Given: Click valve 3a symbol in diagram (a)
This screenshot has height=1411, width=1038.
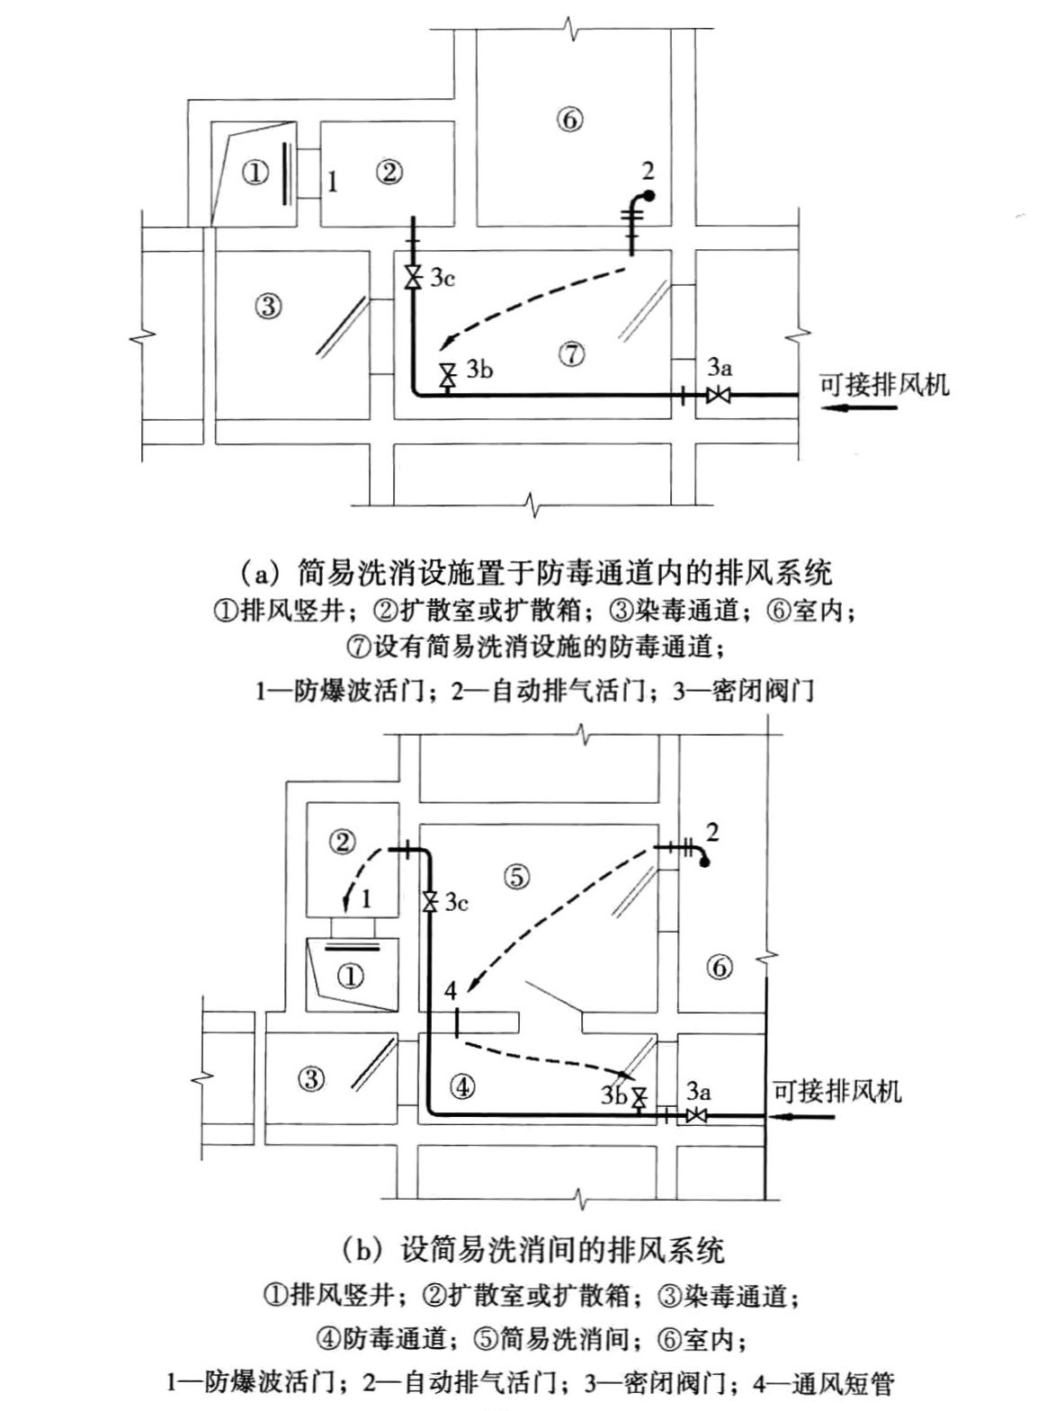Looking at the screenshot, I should tap(718, 394).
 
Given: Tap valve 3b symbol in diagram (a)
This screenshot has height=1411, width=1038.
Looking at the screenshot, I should tap(446, 374).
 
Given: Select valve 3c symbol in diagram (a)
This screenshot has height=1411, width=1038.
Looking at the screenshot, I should tap(413, 277).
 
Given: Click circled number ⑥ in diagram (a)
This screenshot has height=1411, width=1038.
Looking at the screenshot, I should tap(570, 119).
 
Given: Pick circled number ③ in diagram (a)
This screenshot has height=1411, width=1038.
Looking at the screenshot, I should tap(268, 306).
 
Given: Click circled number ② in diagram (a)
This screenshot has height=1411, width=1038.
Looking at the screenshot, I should tap(389, 173).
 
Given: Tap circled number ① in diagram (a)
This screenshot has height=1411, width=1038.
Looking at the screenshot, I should tap(255, 173).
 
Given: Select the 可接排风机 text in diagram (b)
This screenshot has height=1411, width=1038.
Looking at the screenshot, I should tap(837, 1091).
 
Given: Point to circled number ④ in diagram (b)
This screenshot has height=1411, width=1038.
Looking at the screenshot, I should tap(461, 1086).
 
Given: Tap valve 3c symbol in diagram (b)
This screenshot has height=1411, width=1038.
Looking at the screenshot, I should tap(430, 901).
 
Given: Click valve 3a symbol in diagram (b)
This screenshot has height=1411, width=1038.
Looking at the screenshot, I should tap(695, 1116).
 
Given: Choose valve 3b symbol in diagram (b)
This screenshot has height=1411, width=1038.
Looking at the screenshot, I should tap(640, 1098).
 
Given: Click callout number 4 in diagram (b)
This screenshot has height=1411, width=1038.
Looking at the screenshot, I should tap(451, 990).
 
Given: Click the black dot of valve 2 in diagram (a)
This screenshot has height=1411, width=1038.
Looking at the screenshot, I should tap(649, 195).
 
